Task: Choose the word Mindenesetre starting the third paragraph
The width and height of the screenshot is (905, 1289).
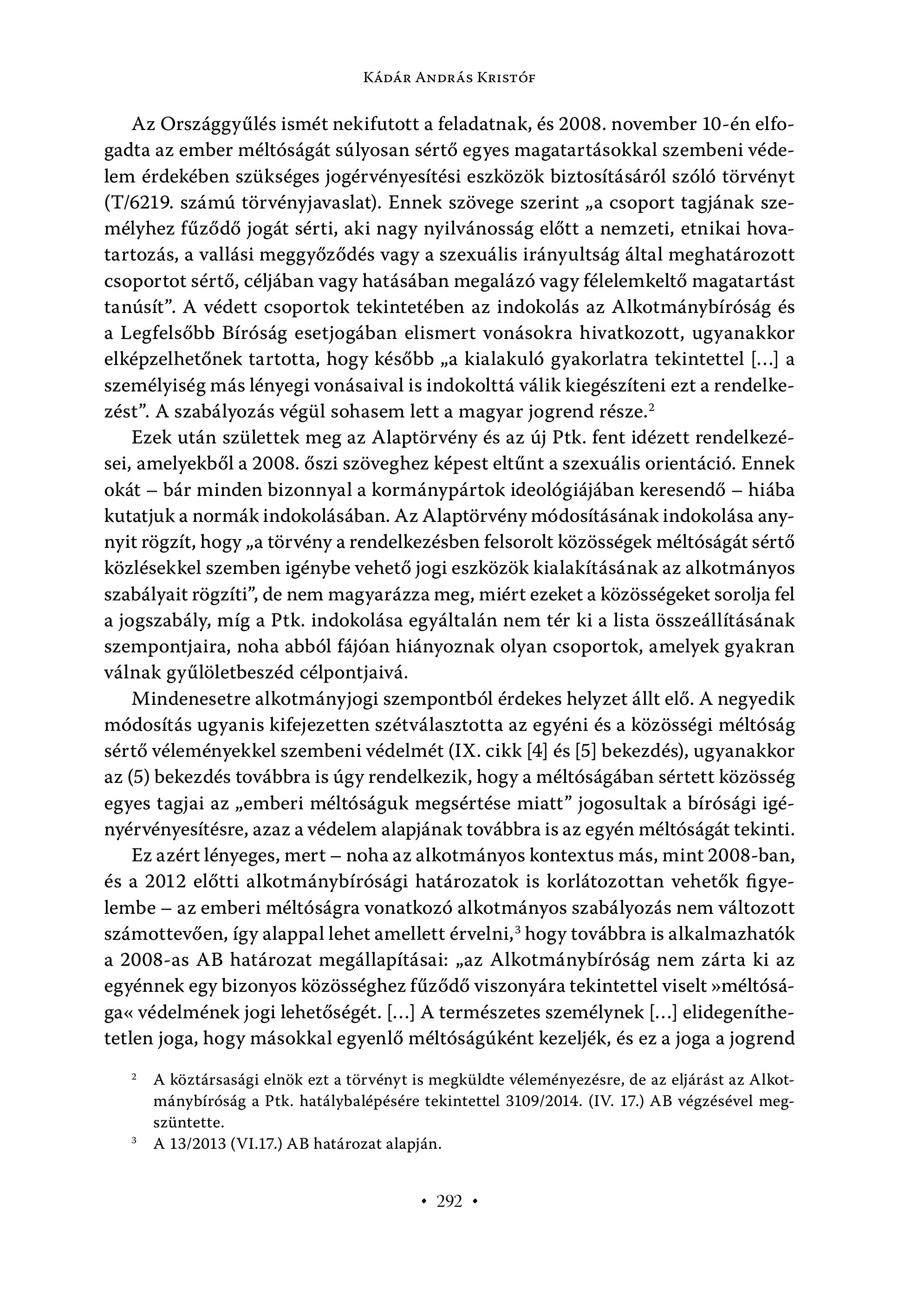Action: (x=190, y=699)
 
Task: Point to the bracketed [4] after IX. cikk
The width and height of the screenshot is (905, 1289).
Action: (x=531, y=752)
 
